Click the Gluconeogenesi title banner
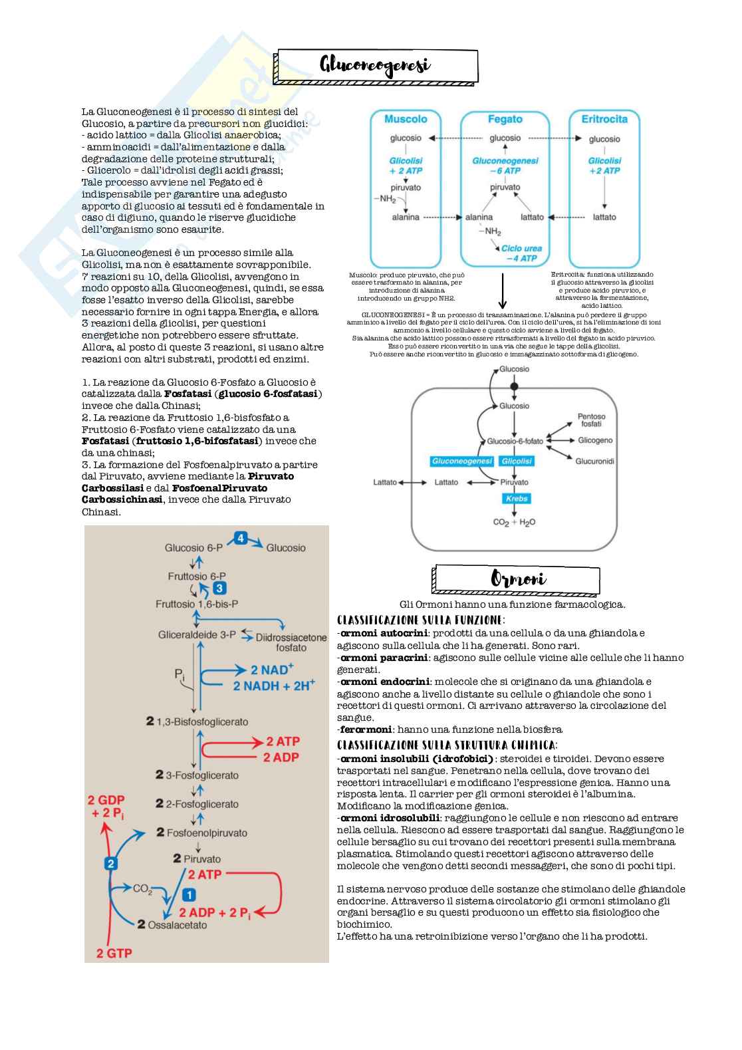pyautogui.click(x=376, y=65)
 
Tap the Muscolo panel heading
pyautogui.click(x=406, y=119)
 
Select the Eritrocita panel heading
pyautogui.click(x=604, y=119)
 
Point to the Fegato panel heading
pyautogui.click(x=505, y=119)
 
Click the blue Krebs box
pyautogui.click(x=517, y=498)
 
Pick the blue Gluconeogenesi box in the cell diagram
pyautogui.click(x=462, y=461)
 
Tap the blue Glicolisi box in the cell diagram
pyautogui.click(x=517, y=461)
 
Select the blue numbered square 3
pyautogui.click(x=219, y=589)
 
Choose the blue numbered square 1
pyautogui.click(x=188, y=895)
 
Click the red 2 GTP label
pyautogui.click(x=114, y=953)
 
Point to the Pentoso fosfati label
pyautogui.click(x=591, y=420)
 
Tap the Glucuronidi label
pyautogui.click(x=595, y=461)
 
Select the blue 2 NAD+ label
pyautogui.click(x=272, y=670)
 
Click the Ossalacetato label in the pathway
pyautogui.click(x=180, y=924)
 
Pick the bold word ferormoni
pyautogui.click(x=366, y=729)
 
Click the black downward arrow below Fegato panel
pyautogui.click(x=503, y=292)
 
